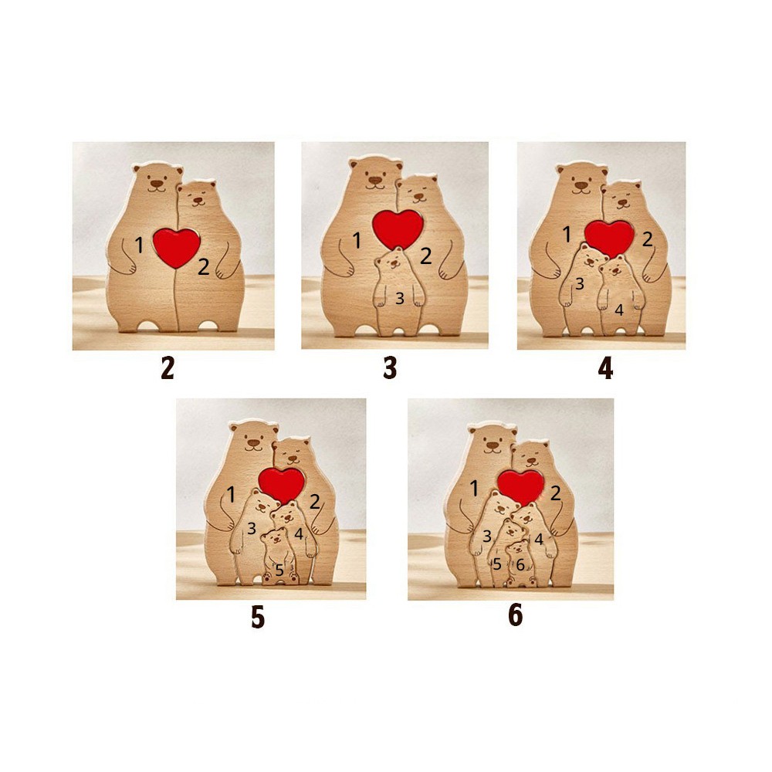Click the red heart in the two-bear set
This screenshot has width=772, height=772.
click(176, 247)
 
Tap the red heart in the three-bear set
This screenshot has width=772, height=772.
click(398, 229)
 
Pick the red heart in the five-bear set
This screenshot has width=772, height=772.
click(282, 484)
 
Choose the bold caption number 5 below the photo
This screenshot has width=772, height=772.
click(258, 617)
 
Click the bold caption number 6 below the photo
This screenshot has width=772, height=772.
click(515, 615)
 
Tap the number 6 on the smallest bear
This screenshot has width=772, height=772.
click(520, 565)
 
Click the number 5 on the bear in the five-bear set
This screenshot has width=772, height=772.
click(279, 571)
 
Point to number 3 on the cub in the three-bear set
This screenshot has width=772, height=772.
click(400, 298)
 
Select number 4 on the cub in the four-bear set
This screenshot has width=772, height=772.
click(619, 310)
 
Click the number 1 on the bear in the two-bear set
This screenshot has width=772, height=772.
click(139, 245)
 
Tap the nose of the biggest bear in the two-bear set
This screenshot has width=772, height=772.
click(157, 183)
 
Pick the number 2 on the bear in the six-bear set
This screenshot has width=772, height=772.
click(555, 493)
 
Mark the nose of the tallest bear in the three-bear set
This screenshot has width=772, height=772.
click(374, 179)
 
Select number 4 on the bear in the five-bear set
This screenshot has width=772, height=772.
click(298, 533)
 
